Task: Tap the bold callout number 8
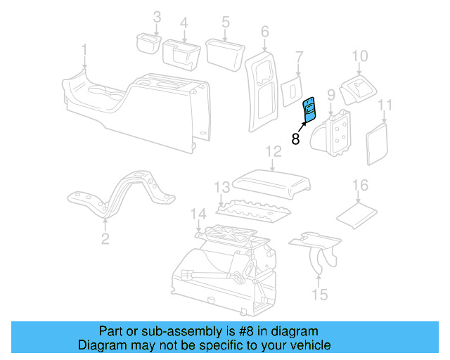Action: tap(295, 139)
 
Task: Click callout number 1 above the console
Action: tap(84, 50)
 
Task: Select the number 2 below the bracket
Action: tap(105, 239)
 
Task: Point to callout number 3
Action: tap(157, 17)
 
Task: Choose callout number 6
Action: tap(264, 32)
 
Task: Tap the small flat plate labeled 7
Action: tap(288, 92)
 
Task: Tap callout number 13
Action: tap(222, 188)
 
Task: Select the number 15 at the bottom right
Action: tap(320, 295)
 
